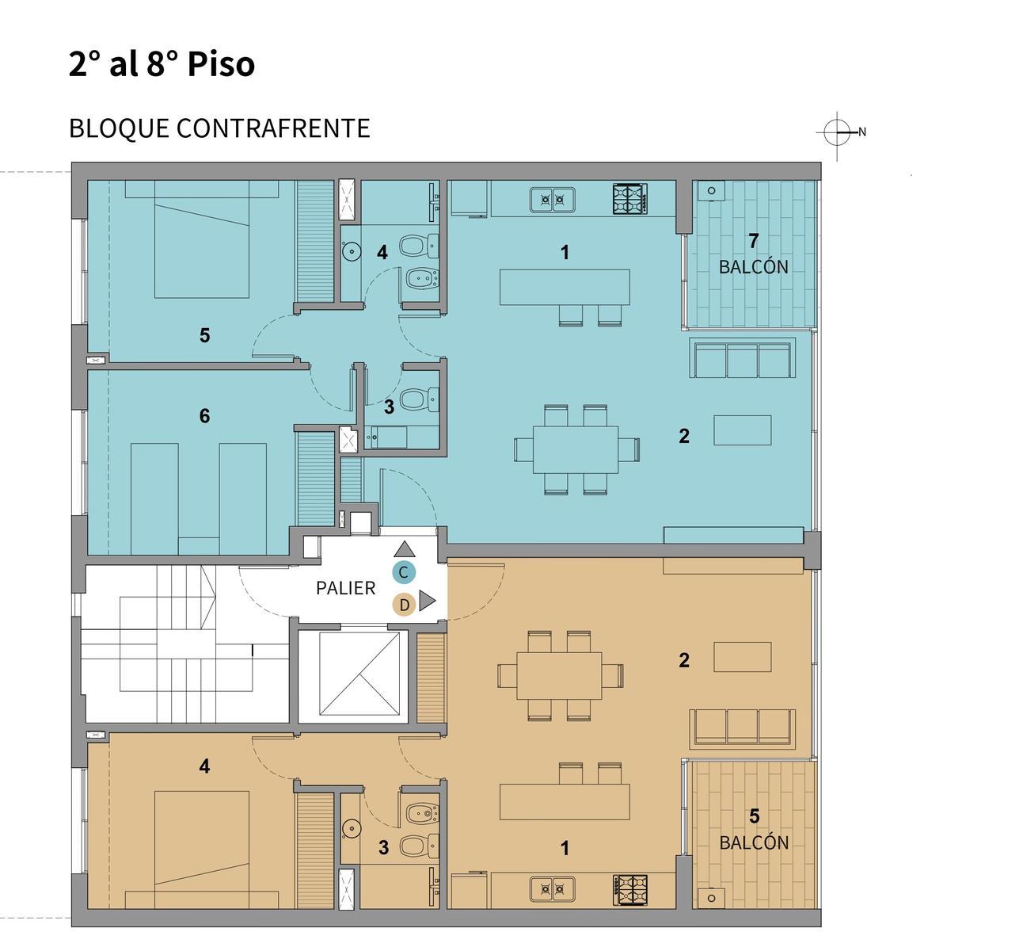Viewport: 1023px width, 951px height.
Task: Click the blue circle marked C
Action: point(403,572)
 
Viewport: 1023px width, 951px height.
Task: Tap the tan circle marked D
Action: point(405,605)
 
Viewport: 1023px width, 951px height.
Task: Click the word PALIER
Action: point(346,589)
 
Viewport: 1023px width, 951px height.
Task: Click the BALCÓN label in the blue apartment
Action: point(754,267)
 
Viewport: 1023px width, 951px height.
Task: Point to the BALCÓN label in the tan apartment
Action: point(754,842)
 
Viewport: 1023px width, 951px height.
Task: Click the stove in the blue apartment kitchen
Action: point(630,199)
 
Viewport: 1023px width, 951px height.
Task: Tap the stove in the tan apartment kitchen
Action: point(630,890)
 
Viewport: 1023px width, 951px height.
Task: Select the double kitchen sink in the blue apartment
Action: point(553,199)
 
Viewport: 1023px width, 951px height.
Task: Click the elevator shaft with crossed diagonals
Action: point(359,674)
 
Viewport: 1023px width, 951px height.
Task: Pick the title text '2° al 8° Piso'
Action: point(162,64)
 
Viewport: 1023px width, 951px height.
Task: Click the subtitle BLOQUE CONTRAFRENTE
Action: point(219,128)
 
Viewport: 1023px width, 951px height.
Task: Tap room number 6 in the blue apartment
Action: point(204,416)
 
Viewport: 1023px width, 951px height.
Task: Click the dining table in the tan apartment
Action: point(560,675)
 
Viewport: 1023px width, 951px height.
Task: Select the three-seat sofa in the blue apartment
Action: point(743,358)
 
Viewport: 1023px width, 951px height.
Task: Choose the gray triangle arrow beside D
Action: point(427,600)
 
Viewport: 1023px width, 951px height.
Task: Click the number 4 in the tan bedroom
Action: point(204,766)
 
